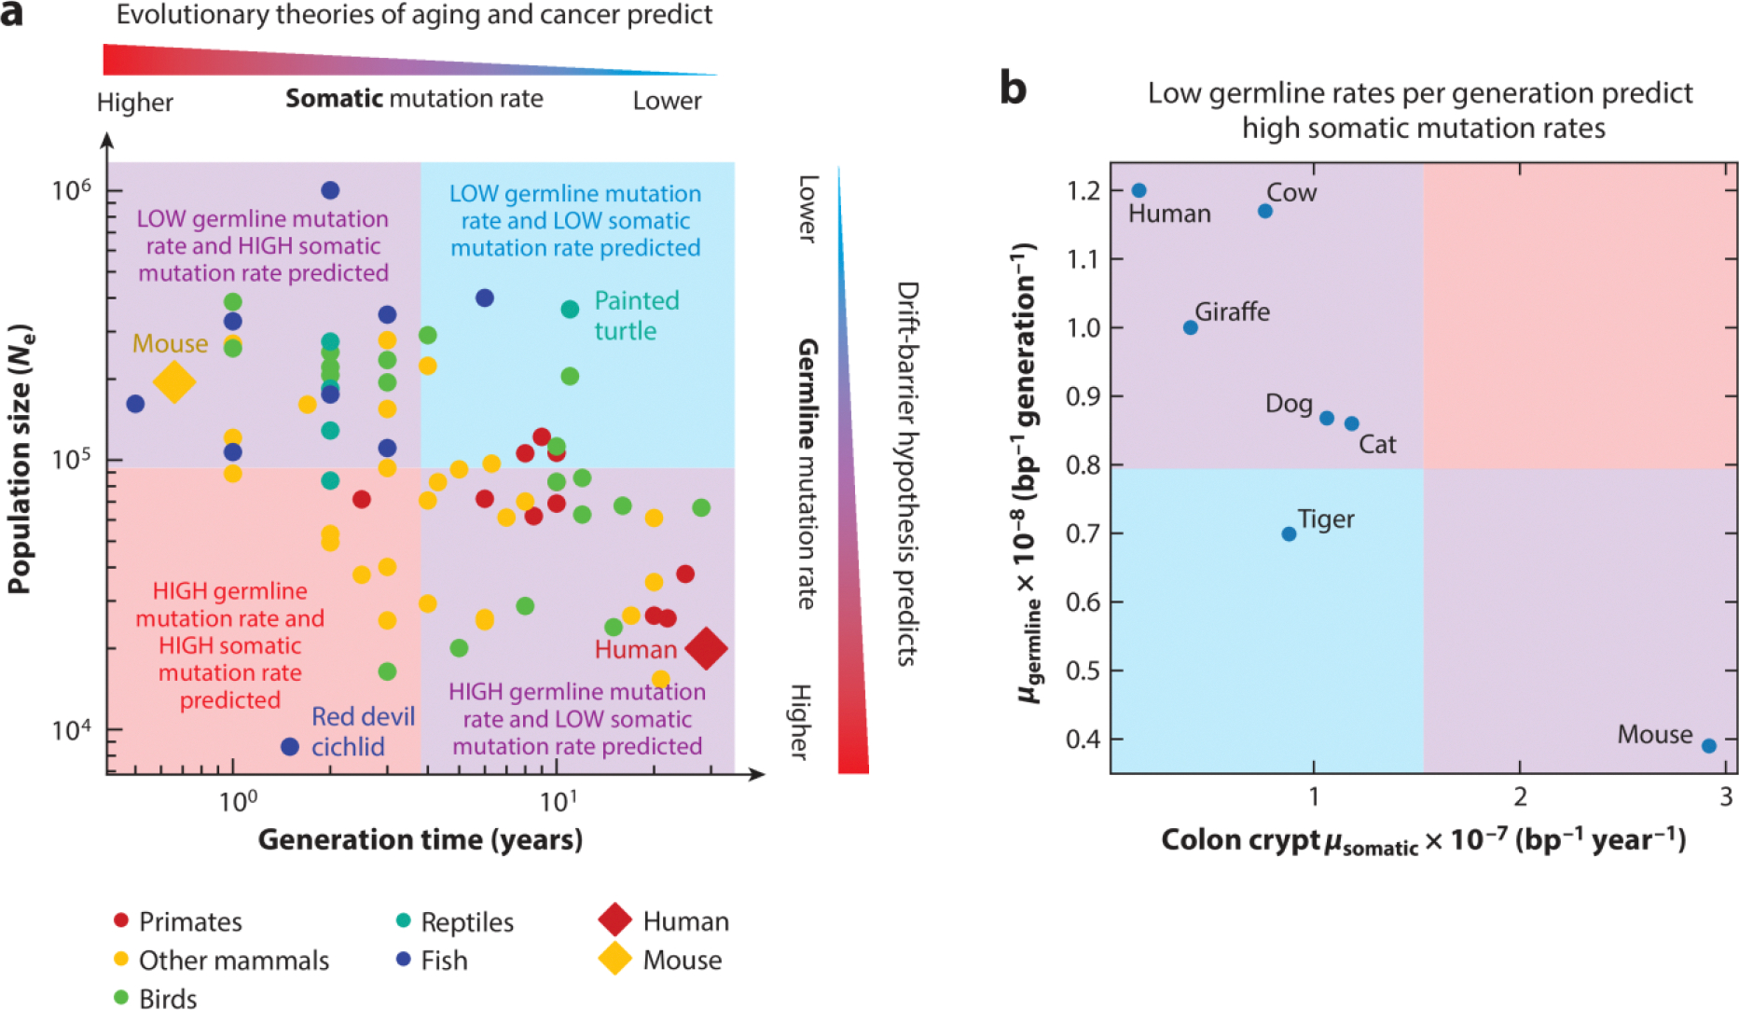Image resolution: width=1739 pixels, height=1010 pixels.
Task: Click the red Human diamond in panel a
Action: pos(706,648)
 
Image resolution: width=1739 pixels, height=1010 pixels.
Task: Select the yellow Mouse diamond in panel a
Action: pos(174,381)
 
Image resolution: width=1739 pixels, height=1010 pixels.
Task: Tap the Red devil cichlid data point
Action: pos(290,747)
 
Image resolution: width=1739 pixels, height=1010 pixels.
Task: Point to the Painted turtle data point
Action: pos(570,310)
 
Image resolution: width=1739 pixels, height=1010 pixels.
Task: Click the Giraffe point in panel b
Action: pos(1191,327)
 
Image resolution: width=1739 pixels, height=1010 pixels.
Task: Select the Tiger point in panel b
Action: pos(1289,534)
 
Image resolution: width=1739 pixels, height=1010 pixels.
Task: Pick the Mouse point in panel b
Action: pos(1709,746)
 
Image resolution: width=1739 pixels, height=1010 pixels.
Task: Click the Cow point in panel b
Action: pos(1265,212)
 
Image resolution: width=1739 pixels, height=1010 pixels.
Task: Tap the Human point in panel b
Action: pos(1139,190)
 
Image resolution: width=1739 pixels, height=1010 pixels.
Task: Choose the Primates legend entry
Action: pos(177,921)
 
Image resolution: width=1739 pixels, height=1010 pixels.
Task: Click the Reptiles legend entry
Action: pos(455,921)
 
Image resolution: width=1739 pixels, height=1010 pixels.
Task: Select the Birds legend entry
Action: pos(156,998)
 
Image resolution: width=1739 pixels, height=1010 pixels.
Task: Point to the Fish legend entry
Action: pos(432,960)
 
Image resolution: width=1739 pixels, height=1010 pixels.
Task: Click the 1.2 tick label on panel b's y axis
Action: pos(1083,191)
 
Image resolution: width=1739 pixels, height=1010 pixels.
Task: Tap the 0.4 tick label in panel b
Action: pos(1083,740)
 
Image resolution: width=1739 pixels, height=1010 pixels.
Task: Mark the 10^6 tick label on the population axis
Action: pos(72,190)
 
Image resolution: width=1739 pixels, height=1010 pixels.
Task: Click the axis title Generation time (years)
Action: pos(421,839)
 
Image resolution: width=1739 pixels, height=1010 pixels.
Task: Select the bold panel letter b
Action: pos(1013,89)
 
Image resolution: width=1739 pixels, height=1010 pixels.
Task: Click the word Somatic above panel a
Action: pos(334,99)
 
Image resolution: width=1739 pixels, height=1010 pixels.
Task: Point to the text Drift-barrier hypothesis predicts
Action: pos(907,473)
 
